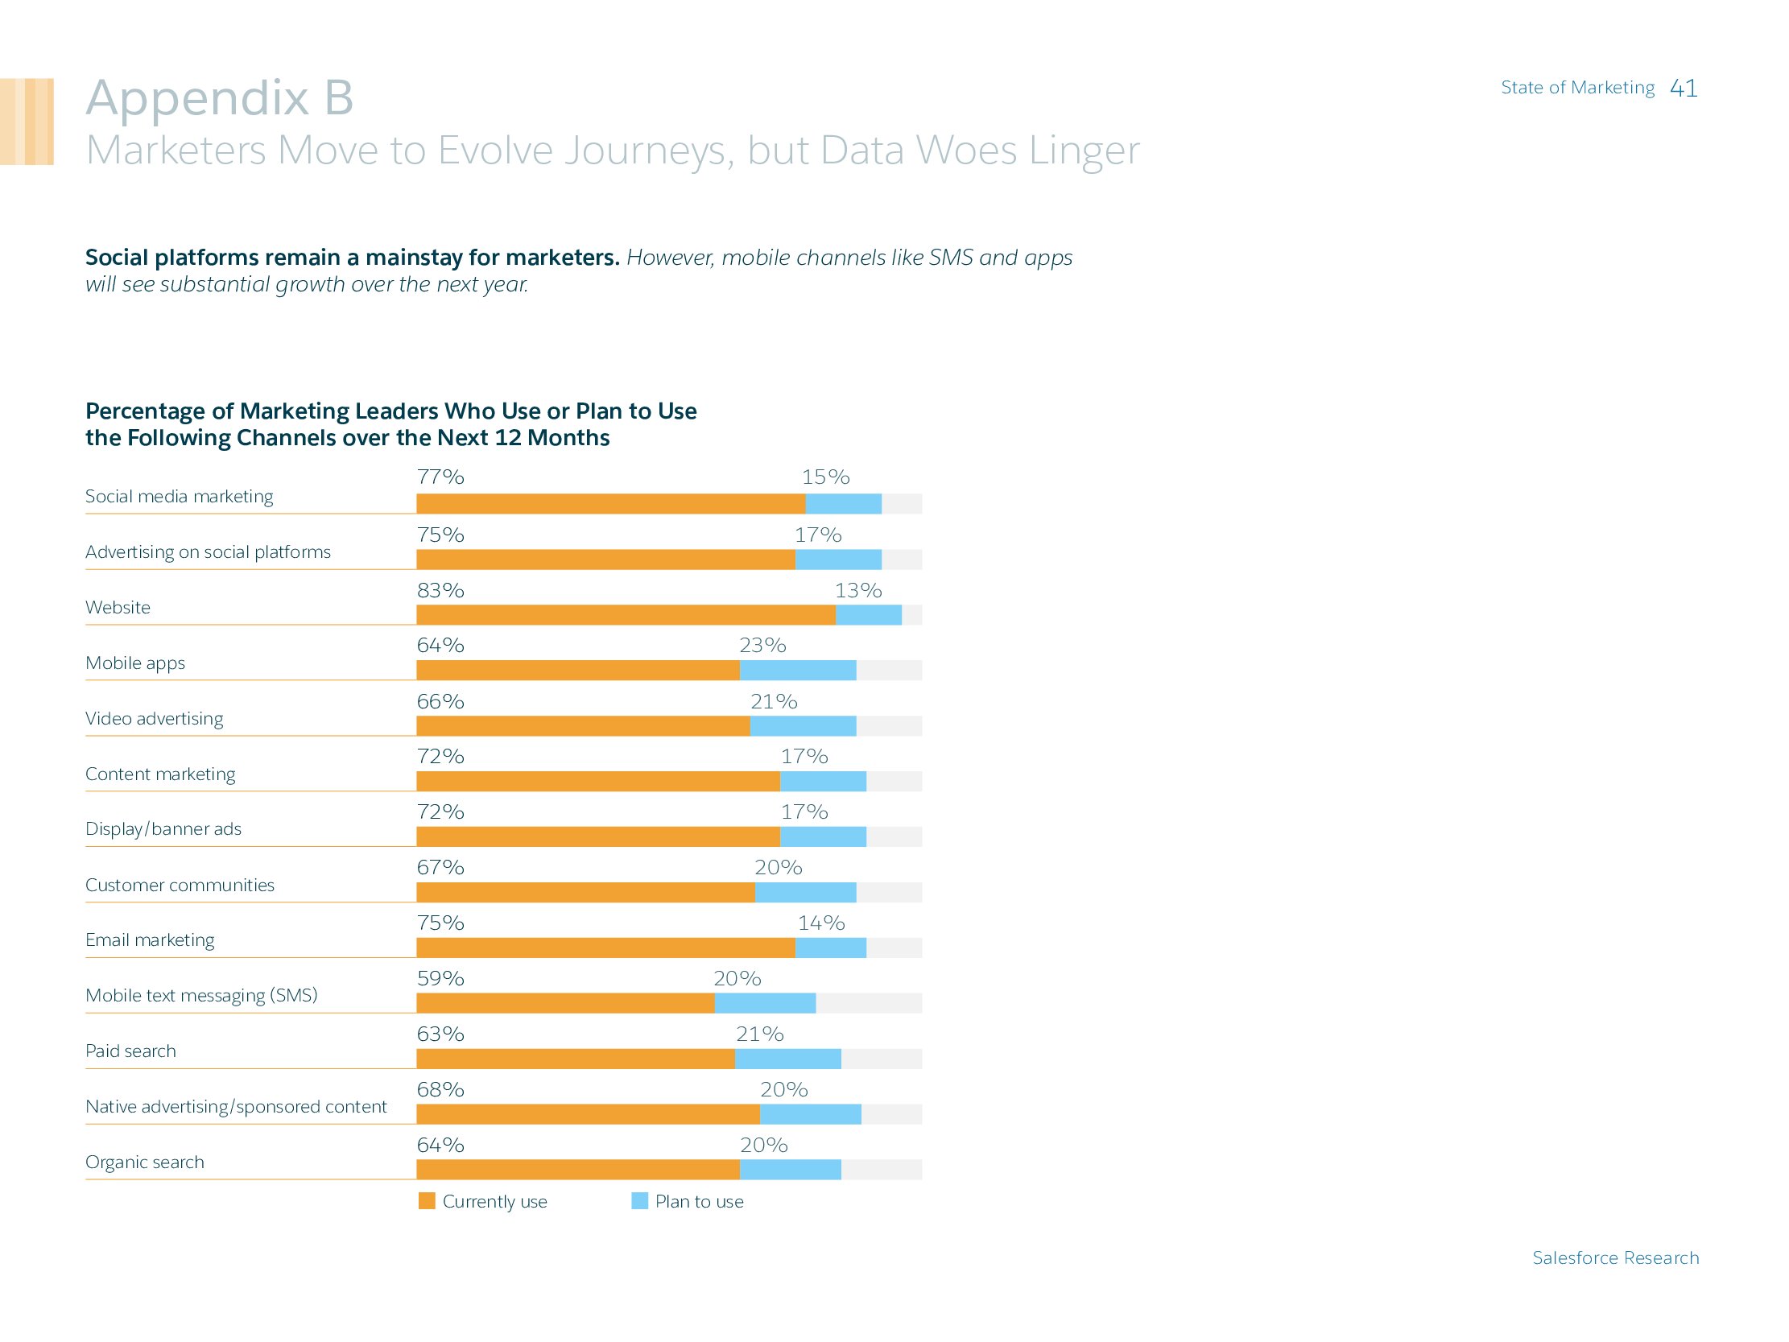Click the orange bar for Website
(625, 615)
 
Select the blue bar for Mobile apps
(797, 670)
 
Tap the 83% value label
(440, 591)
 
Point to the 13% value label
(858, 591)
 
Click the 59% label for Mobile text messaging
(440, 978)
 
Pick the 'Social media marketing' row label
(179, 496)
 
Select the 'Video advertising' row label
(154, 718)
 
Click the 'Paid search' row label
(130, 1051)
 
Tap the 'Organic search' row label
(144, 1162)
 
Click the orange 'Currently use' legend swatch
(426, 1200)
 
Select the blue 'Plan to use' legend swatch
(639, 1200)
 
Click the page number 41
(1683, 88)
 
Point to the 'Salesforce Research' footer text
(1615, 1257)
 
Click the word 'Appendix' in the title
(197, 98)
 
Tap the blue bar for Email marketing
(831, 948)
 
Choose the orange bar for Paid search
(575, 1058)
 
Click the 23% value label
(762, 645)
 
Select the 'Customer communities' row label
(180, 884)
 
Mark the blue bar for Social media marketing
(843, 503)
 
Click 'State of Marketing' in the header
(1577, 88)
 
